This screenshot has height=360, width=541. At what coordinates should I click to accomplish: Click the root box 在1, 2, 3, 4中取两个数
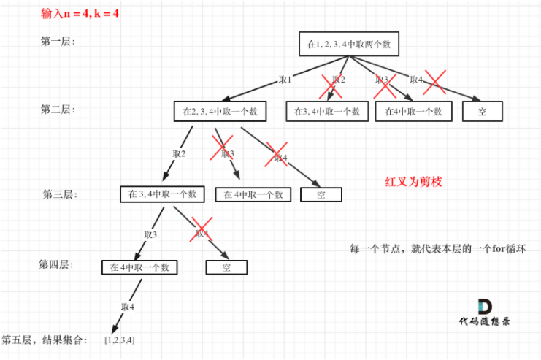tap(349, 44)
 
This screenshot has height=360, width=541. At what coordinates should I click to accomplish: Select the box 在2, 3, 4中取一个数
tap(220, 111)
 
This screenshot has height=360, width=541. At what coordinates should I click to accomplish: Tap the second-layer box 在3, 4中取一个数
tap(327, 111)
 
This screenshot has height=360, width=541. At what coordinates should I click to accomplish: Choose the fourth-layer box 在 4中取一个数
tap(139, 267)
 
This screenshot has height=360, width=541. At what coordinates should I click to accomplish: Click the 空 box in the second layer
tap(482, 111)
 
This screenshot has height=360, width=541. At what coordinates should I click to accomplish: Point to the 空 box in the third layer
tap(321, 195)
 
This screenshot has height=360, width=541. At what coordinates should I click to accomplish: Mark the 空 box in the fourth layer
tap(226, 267)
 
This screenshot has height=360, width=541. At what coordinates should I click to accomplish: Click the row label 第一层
tap(58, 42)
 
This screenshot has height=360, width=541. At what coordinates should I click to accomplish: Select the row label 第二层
tap(58, 110)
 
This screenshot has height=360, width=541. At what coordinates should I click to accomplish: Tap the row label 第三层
tap(60, 194)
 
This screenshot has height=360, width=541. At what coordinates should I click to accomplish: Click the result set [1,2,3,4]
tap(120, 340)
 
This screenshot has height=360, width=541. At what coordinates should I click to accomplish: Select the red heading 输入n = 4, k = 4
tap(80, 13)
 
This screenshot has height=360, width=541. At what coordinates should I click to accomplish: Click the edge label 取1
tap(285, 80)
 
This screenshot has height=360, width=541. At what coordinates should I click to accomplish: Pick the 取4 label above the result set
tap(127, 307)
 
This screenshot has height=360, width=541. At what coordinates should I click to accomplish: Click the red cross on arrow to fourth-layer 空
tap(202, 229)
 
